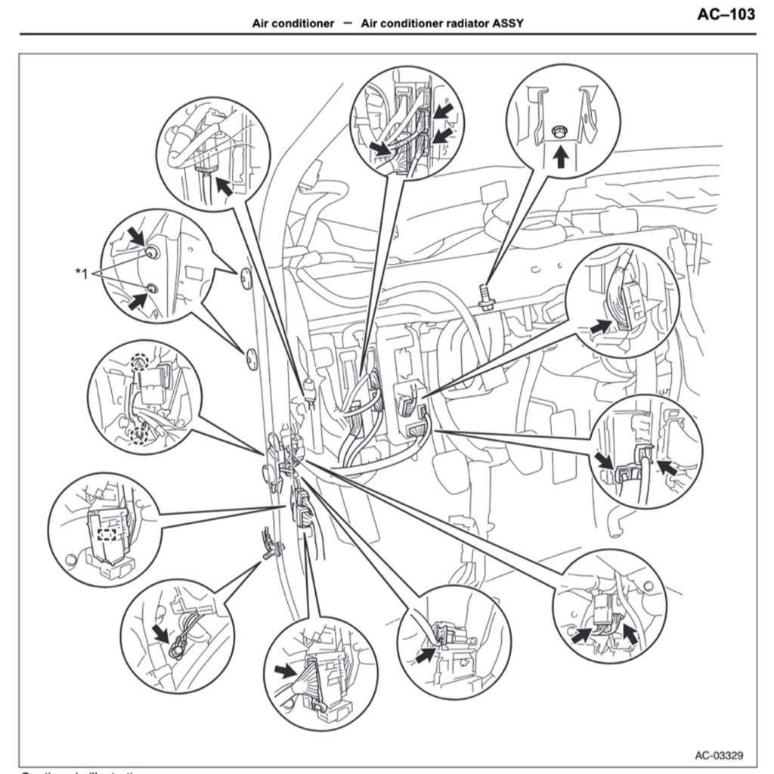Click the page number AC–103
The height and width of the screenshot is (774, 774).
click(726, 15)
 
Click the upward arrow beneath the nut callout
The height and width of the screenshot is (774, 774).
click(560, 157)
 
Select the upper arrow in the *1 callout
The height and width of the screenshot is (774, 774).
click(137, 238)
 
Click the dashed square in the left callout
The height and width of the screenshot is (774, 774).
click(107, 534)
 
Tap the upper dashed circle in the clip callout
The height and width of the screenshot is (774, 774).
click(138, 363)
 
